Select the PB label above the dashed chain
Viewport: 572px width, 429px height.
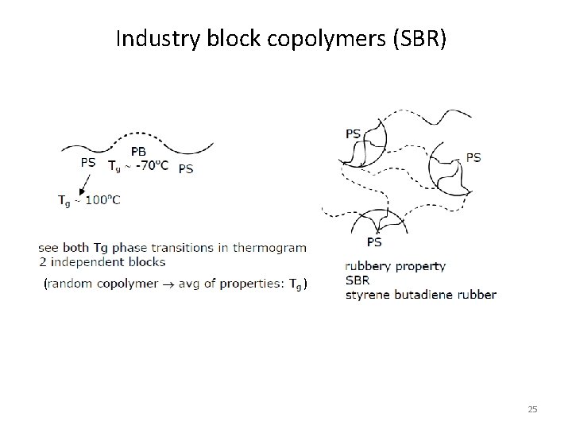pyautogui.click(x=138, y=150)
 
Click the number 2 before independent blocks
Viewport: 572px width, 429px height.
pyautogui.click(x=41, y=261)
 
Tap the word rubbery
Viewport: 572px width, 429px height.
pyautogui.click(x=367, y=267)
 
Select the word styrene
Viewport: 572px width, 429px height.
pyautogui.click(x=367, y=295)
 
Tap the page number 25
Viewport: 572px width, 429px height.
pyautogui.click(x=532, y=409)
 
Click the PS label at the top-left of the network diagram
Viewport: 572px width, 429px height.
pyautogui.click(x=353, y=133)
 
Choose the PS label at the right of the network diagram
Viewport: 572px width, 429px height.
pyautogui.click(x=473, y=157)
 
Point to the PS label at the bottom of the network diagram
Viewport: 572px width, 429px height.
pyautogui.click(x=373, y=242)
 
